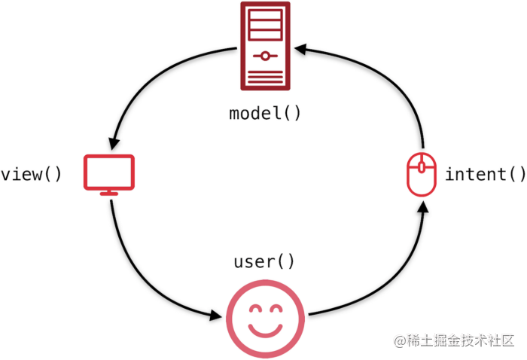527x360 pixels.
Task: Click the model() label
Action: pyautogui.click(x=264, y=114)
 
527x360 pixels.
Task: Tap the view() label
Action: pyautogui.click(x=31, y=175)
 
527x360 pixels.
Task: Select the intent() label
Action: pyautogui.click(x=486, y=175)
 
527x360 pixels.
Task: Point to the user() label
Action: pyautogui.click(x=264, y=262)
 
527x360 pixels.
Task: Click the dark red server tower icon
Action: pyautogui.click(x=264, y=45)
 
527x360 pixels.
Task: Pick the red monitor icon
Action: pyautogui.click(x=109, y=174)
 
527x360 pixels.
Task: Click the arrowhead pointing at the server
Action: pyautogui.click(x=300, y=49)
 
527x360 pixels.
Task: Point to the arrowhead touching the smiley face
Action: pyautogui.click(x=219, y=316)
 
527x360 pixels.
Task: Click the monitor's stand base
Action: pyautogui.click(x=109, y=194)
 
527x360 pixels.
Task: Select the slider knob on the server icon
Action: pyautogui.click(x=264, y=55)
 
